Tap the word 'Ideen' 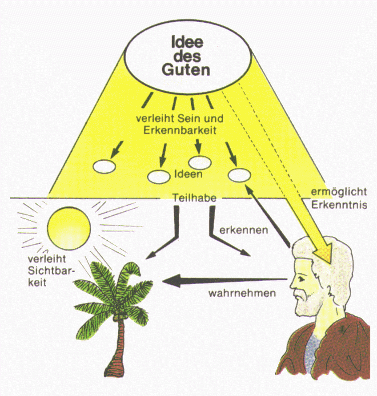[189, 174]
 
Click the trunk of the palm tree [116, 352]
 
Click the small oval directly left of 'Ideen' [158, 177]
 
